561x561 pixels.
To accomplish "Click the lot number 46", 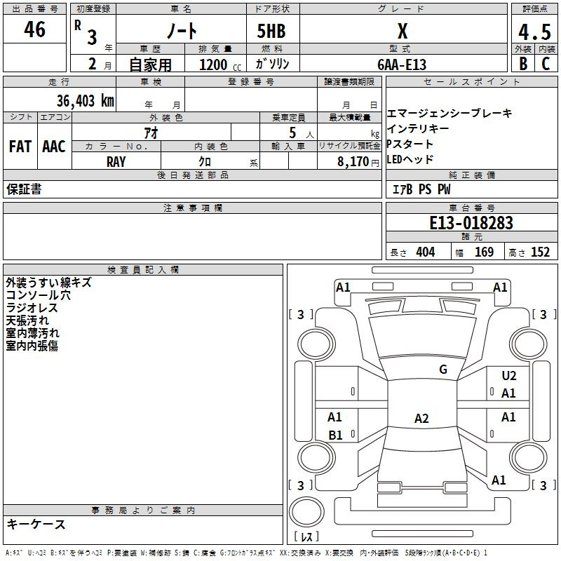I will [x=35, y=29].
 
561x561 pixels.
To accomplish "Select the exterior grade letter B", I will [x=522, y=63].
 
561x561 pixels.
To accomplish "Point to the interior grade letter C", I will [x=546, y=63].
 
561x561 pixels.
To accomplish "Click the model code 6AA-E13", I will [x=402, y=65].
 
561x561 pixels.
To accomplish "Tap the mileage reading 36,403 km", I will [x=85, y=100].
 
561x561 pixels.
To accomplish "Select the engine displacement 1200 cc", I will [x=217, y=65].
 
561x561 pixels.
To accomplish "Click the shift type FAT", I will [x=20, y=147].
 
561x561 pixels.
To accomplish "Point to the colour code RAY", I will [x=116, y=161].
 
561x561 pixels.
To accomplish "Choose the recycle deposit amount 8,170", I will [x=354, y=161].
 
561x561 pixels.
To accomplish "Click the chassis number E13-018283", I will [x=471, y=223].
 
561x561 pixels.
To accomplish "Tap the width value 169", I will [x=484, y=252].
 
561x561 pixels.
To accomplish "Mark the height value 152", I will [x=540, y=252].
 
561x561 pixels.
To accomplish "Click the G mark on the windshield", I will [x=442, y=369].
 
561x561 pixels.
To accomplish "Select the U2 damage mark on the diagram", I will [x=508, y=376].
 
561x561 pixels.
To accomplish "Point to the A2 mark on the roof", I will [x=421, y=419].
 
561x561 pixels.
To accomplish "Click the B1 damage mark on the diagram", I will [x=335, y=435].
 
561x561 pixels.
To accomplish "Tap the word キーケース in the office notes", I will [x=36, y=524].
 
